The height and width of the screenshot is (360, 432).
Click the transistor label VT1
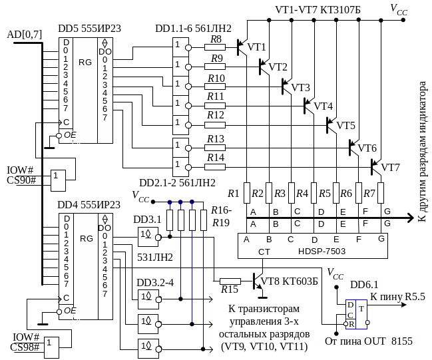(x=256, y=47)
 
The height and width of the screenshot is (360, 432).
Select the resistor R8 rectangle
(x=215, y=47)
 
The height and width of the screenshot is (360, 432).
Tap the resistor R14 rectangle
(x=215, y=167)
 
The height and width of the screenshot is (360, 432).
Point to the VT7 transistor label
(x=390, y=167)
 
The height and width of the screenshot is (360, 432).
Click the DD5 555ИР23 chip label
(x=90, y=29)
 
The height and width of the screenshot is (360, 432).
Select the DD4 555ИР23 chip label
(x=89, y=205)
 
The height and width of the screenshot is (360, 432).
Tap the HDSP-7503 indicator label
(x=322, y=251)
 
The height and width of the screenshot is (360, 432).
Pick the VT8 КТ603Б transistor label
(x=290, y=281)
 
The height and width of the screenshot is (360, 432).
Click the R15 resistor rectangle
(x=230, y=281)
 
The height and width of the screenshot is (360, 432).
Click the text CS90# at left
(x=21, y=180)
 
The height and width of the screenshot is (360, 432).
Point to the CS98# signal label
(x=25, y=347)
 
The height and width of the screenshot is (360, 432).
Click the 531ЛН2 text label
(x=155, y=258)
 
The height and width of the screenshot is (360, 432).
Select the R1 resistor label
(x=234, y=194)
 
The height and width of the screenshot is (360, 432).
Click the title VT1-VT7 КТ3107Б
(x=318, y=10)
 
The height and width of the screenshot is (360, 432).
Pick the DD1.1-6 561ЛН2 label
(x=194, y=29)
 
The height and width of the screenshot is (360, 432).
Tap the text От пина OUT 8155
(x=369, y=341)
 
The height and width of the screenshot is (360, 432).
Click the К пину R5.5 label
(x=397, y=296)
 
